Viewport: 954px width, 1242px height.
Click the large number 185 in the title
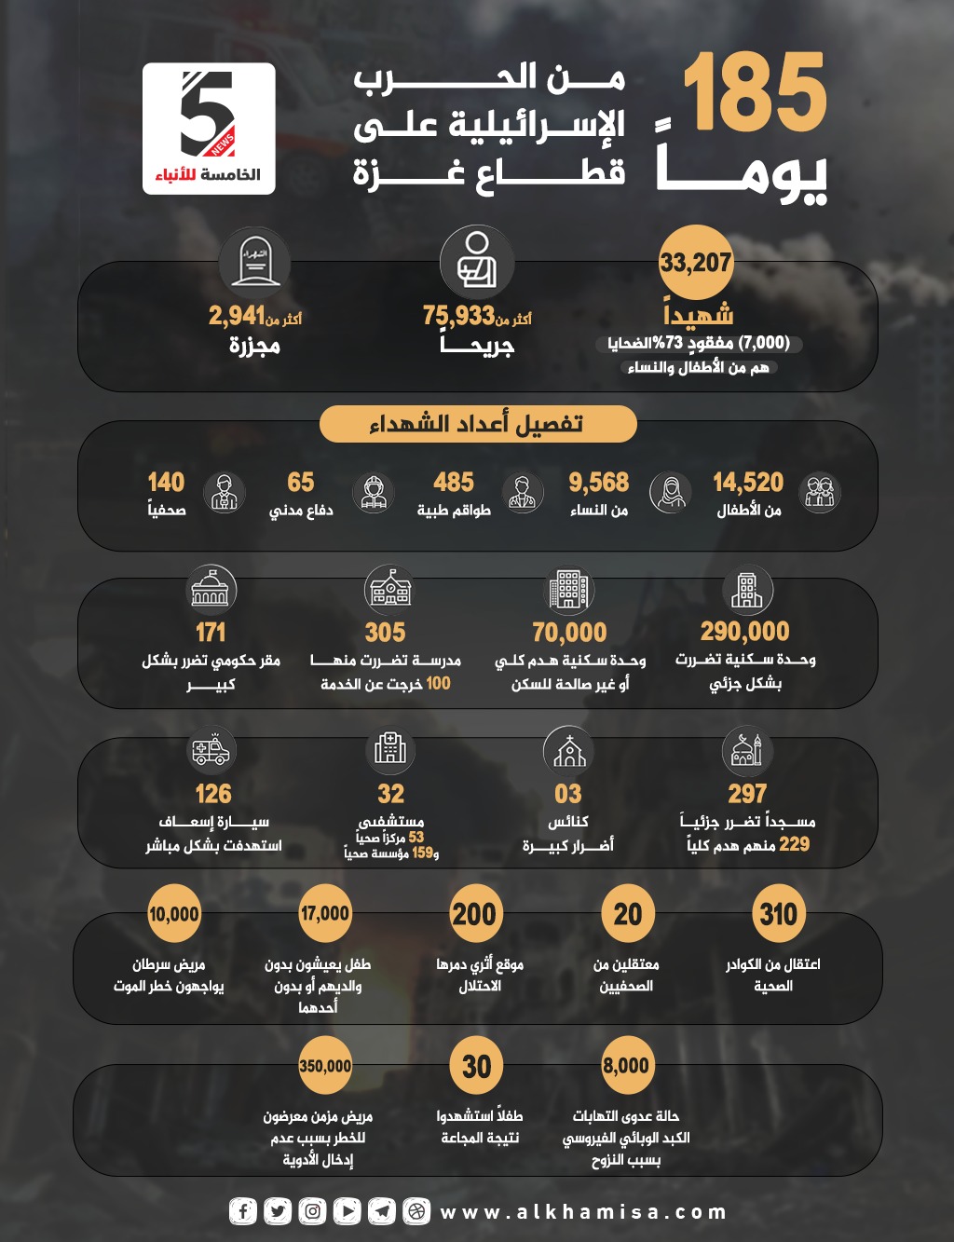(x=755, y=93)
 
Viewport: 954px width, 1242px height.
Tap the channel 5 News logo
(x=209, y=128)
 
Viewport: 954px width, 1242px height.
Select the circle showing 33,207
(x=695, y=262)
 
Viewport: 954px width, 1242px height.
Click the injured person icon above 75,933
(x=477, y=262)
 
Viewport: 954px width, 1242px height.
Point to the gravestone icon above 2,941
(x=254, y=262)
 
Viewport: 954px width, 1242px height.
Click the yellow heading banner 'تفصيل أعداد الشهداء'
(x=477, y=424)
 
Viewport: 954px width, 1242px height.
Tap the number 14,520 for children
(x=747, y=482)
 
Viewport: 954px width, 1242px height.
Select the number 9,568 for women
(x=598, y=482)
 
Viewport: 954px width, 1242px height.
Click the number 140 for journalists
(x=166, y=482)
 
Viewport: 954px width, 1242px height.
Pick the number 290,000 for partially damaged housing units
(x=744, y=631)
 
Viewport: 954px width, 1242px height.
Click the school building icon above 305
(x=389, y=589)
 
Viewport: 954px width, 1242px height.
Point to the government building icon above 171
(x=211, y=589)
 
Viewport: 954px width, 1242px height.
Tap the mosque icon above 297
(x=746, y=750)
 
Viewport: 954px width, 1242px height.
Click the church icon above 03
(x=568, y=750)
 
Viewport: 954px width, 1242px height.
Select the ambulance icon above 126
(x=211, y=750)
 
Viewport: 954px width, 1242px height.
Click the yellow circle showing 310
(x=778, y=914)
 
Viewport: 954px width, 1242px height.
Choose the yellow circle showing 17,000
(x=324, y=914)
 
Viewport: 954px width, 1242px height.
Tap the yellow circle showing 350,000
(x=325, y=1066)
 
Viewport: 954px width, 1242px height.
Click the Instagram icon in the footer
(x=312, y=1211)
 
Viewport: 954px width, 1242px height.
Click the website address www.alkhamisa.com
(x=583, y=1212)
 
